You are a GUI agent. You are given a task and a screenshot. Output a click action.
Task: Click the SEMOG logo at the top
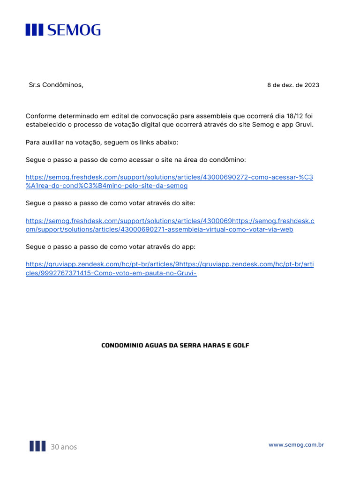tap(63, 30)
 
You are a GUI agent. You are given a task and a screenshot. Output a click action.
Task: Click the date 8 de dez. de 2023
tap(293, 85)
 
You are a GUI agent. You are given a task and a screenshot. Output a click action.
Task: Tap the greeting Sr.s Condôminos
tap(56, 85)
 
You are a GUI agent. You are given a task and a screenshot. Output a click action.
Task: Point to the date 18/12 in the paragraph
tap(294, 116)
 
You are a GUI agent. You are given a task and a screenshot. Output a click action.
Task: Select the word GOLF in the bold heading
tap(240, 345)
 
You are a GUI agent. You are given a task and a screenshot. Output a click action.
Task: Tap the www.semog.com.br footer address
tap(296, 444)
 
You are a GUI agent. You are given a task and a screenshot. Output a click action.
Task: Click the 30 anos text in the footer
tap(64, 447)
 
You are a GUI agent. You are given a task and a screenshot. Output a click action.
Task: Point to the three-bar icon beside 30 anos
tap(37, 446)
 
